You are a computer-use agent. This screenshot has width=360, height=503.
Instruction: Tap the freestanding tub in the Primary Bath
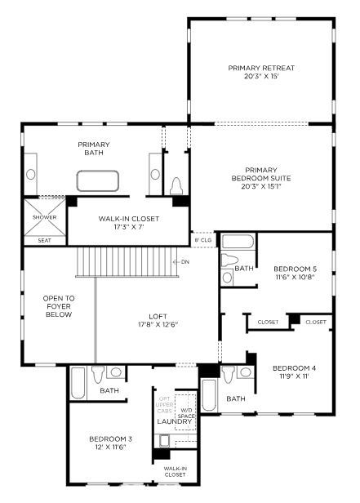click(98, 181)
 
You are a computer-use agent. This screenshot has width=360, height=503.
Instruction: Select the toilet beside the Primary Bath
click(176, 185)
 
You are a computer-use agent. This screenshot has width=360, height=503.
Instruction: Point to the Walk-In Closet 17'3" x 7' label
click(128, 223)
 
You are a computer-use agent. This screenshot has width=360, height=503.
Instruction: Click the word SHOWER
click(45, 217)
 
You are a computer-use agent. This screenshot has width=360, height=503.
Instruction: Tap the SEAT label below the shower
click(45, 240)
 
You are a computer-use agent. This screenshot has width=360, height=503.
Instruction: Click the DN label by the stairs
click(185, 262)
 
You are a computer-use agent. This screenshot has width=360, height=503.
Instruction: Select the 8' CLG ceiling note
click(203, 239)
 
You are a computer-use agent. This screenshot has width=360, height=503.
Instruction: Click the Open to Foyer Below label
click(59, 306)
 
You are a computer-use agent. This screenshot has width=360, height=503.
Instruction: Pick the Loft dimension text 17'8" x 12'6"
click(158, 325)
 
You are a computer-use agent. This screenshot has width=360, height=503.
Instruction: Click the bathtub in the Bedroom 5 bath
click(238, 241)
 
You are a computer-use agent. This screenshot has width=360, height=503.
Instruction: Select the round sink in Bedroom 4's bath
click(246, 372)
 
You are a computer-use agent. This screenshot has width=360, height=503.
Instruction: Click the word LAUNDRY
click(175, 421)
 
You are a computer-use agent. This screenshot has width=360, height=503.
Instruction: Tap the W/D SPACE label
click(186, 413)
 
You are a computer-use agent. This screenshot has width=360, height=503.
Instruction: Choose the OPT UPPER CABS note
click(165, 405)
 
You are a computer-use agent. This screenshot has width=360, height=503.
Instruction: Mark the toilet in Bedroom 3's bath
click(98, 374)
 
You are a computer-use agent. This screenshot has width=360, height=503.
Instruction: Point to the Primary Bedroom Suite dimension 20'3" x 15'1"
click(261, 186)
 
